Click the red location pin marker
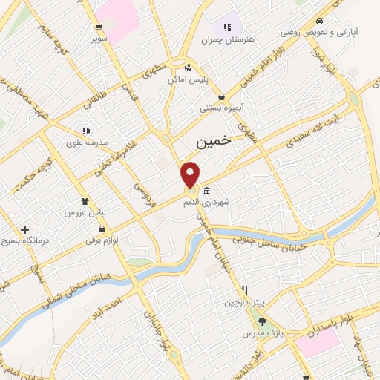(191, 174)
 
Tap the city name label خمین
(214, 140)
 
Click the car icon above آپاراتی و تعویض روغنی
(319, 21)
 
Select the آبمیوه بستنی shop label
(221, 108)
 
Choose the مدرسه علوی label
(87, 142)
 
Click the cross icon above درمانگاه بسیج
(26, 229)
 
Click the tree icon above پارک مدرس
(262, 321)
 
